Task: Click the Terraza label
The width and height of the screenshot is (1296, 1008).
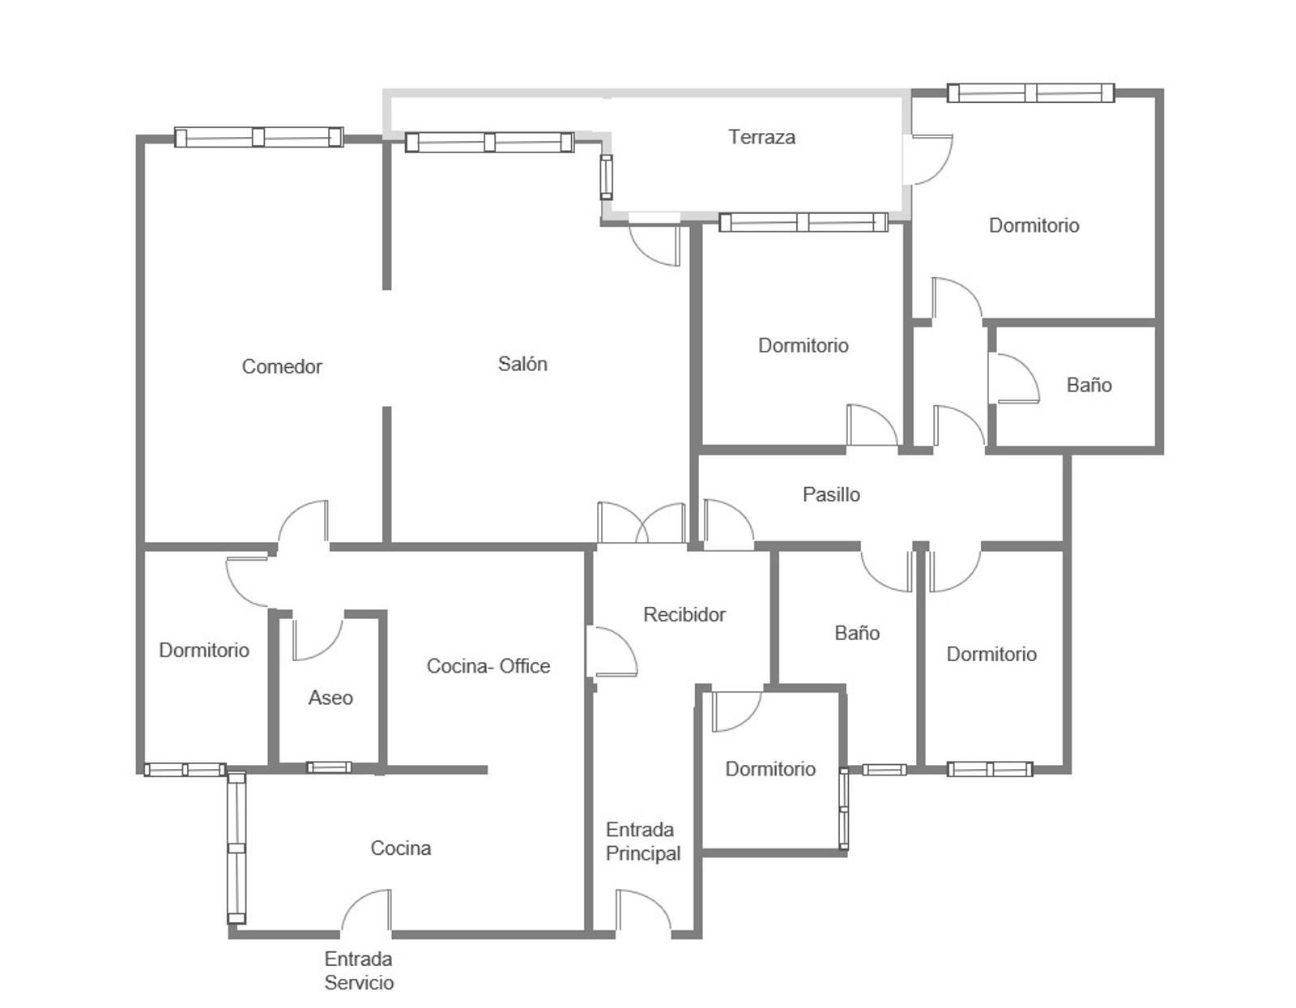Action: (761, 137)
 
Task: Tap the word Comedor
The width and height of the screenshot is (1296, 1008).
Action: (282, 366)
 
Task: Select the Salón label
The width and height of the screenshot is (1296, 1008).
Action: (522, 364)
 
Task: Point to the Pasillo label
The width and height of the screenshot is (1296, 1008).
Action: (831, 494)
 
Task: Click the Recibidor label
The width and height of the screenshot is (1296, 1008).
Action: (684, 614)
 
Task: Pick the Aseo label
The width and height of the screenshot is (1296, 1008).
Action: (330, 698)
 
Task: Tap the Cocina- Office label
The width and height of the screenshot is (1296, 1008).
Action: (488, 665)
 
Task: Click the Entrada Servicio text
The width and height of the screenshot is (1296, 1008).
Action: (359, 971)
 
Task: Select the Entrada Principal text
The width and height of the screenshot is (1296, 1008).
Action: (643, 841)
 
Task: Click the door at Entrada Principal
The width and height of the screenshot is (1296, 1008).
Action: (643, 912)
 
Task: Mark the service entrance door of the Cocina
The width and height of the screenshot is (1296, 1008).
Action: (366, 912)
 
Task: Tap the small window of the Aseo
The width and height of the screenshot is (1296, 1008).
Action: (329, 767)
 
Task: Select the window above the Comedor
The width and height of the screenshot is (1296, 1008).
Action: (258, 137)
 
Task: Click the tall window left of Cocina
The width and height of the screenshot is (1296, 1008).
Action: (237, 848)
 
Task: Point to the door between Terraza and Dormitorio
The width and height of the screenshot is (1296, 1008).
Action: (927, 160)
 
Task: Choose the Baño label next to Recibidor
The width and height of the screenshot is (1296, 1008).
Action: (857, 633)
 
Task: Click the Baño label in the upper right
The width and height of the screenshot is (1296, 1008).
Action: (1089, 386)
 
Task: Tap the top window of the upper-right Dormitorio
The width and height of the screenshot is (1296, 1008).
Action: (1030, 93)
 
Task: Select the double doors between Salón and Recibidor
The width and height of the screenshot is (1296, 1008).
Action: (642, 523)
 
